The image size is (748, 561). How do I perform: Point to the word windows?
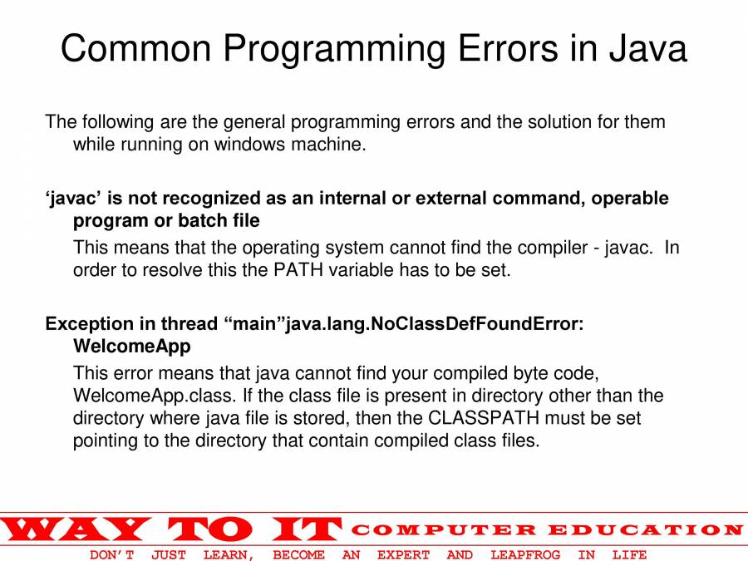[x=249, y=145]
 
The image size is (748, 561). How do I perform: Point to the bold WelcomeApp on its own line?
[x=131, y=346]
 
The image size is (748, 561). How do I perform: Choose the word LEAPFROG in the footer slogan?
[x=525, y=554]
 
